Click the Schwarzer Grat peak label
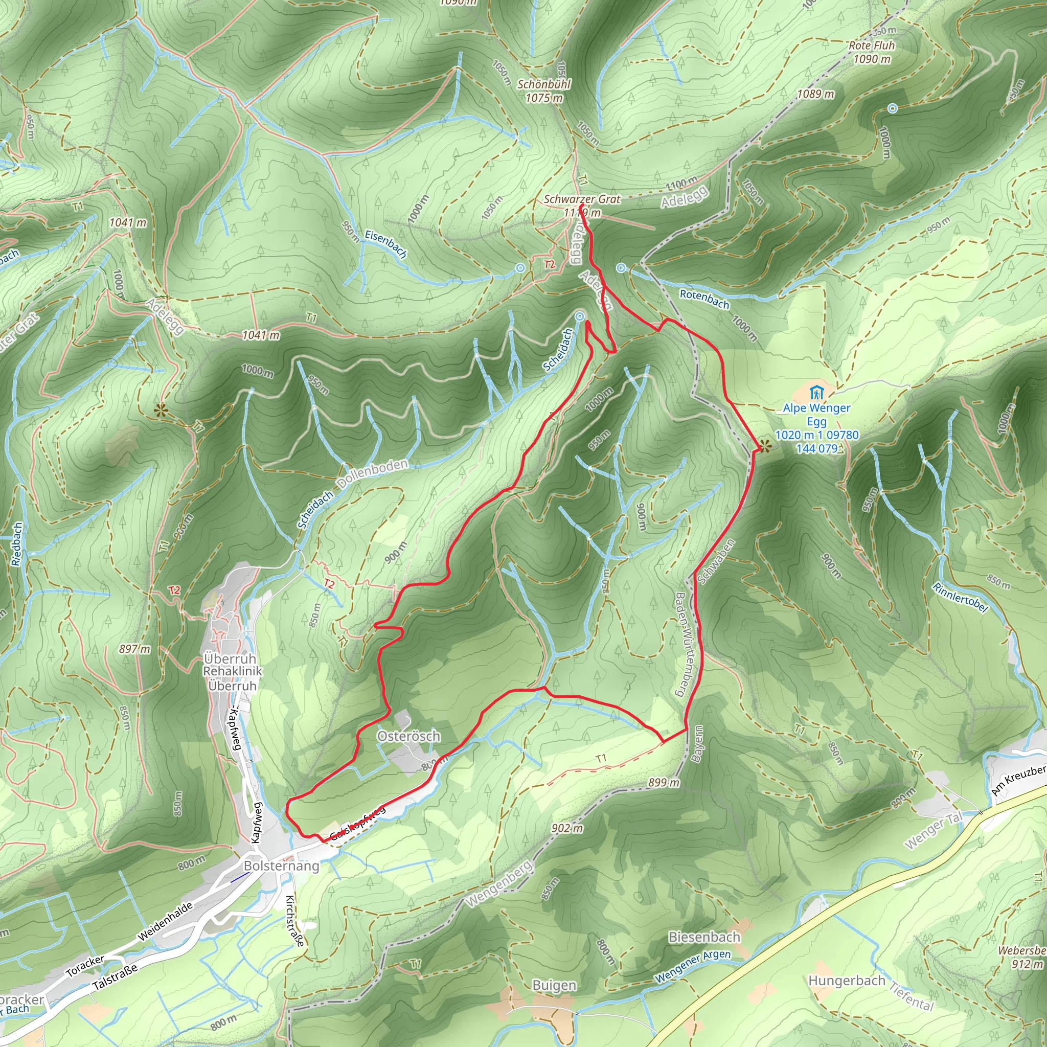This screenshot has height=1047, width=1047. [582, 200]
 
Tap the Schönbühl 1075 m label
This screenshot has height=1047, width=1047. [544, 91]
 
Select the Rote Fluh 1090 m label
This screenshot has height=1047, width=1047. [872, 52]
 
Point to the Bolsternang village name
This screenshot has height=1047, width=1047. [281, 866]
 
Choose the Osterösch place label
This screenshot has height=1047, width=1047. [408, 736]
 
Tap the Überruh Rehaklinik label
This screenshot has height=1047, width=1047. [233, 672]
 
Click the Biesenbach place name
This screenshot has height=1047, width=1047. [704, 937]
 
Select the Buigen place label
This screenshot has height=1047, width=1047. [554, 985]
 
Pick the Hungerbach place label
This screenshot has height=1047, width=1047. [847, 981]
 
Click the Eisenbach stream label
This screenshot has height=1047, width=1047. [385, 243]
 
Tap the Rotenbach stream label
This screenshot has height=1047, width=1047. [704, 299]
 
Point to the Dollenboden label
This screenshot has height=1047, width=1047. [372, 473]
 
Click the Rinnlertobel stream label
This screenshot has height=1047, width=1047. [960, 597]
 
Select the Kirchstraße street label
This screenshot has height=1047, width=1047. [294, 920]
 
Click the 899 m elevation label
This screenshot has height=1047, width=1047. [663, 783]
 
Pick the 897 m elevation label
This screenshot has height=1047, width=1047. [134, 649]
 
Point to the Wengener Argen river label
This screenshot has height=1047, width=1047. [693, 966]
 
